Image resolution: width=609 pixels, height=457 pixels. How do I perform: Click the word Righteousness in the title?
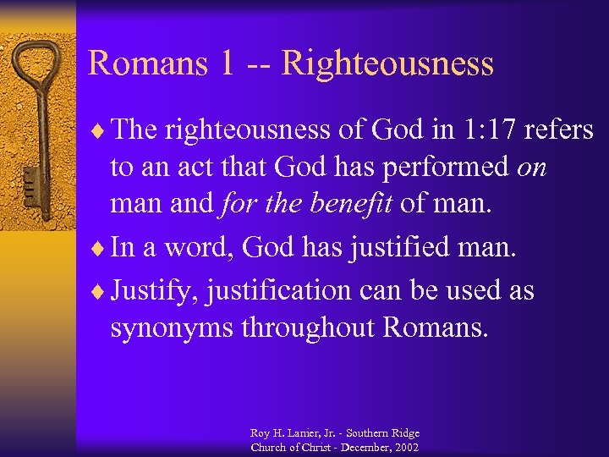387,63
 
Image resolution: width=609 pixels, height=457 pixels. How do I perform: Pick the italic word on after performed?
530,168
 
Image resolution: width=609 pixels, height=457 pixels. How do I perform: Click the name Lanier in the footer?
302,433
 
